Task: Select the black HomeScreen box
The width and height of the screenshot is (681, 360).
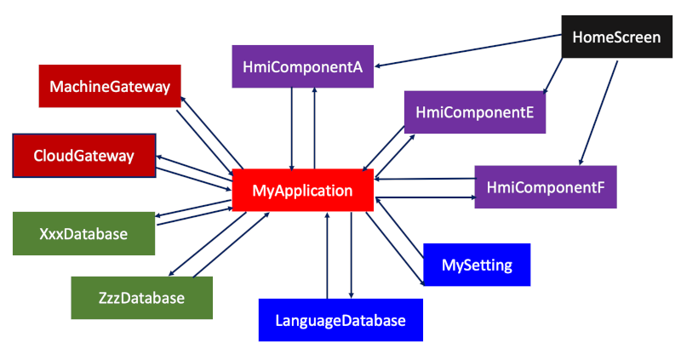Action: click(x=616, y=37)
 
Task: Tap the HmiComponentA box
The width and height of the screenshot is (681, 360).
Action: click(x=303, y=66)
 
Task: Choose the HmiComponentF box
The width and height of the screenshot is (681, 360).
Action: click(x=545, y=186)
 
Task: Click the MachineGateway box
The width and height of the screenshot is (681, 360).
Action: click(x=110, y=86)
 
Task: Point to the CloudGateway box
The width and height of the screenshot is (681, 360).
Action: click(x=83, y=156)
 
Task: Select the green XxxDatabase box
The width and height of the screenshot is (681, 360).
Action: click(x=83, y=233)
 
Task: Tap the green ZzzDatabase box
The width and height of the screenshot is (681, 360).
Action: click(x=140, y=298)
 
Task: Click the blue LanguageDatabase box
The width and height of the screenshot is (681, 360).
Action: click(x=340, y=321)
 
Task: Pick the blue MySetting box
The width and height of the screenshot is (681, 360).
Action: click(x=477, y=265)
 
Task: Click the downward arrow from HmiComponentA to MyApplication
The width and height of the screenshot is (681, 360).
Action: click(x=293, y=128)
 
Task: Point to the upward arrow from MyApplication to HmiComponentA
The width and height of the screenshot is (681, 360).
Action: click(x=315, y=128)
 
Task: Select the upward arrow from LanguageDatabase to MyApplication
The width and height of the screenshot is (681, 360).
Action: click(x=328, y=255)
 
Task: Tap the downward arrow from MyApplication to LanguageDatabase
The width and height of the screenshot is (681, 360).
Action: click(x=351, y=255)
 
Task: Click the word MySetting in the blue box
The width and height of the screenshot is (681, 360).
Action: click(x=477, y=265)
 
